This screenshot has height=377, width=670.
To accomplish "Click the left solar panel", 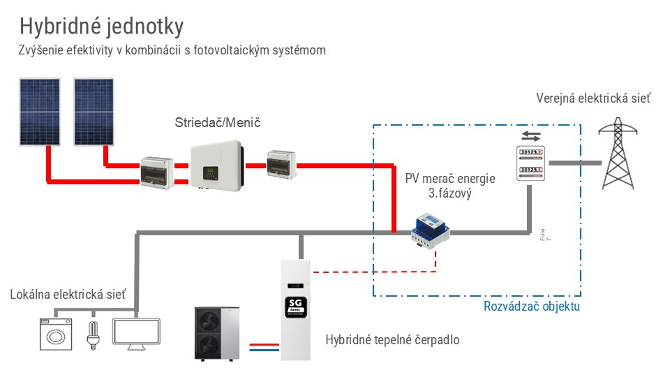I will pyautogui.click(x=39, y=112).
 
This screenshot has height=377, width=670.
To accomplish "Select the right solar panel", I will pyautogui.click(x=94, y=112).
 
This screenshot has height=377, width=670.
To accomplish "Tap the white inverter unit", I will pyautogui.click(x=216, y=166).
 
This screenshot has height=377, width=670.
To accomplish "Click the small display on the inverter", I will pyautogui.click(x=210, y=172).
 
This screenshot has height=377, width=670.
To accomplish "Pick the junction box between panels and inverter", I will pyautogui.click(x=157, y=173).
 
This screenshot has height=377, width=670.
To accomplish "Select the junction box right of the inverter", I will pyautogui.click(x=281, y=164).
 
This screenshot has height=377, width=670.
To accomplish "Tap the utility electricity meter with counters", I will pyautogui.click(x=530, y=163).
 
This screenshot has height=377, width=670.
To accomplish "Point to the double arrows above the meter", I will pyautogui.click(x=531, y=136).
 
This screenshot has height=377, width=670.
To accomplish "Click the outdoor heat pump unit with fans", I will pyautogui.click(x=217, y=334).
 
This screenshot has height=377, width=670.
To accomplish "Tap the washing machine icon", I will pyautogui.click(x=56, y=334).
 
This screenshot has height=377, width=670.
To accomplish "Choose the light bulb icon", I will pyautogui.click(x=93, y=335).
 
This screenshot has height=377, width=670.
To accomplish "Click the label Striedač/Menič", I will pyautogui.click(x=217, y=123).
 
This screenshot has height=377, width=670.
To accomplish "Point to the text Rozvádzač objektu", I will pyautogui.click(x=531, y=306).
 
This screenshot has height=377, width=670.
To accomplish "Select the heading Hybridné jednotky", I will pyautogui.click(x=101, y=26).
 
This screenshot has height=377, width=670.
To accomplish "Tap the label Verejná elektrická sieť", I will pyautogui.click(x=593, y=98).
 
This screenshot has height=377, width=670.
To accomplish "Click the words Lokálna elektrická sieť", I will pyautogui.click(x=68, y=295).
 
